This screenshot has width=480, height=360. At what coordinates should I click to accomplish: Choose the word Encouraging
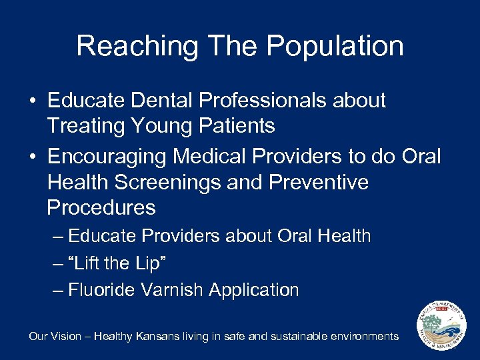[107, 157]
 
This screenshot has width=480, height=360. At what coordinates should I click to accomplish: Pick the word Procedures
[101, 207]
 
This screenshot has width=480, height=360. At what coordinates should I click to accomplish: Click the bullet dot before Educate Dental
[32, 101]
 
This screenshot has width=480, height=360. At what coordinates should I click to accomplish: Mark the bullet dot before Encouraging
[32, 157]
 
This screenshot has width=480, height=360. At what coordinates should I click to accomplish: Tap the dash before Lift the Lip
[57, 263]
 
